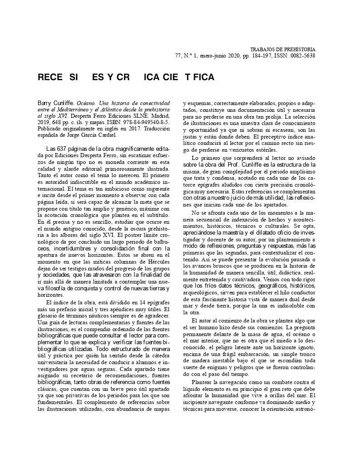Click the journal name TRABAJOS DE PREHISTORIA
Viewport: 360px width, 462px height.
(282, 49)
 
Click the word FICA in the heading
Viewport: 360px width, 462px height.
(202, 77)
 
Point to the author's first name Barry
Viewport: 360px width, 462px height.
(45, 103)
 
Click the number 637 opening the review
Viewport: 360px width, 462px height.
(62, 149)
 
